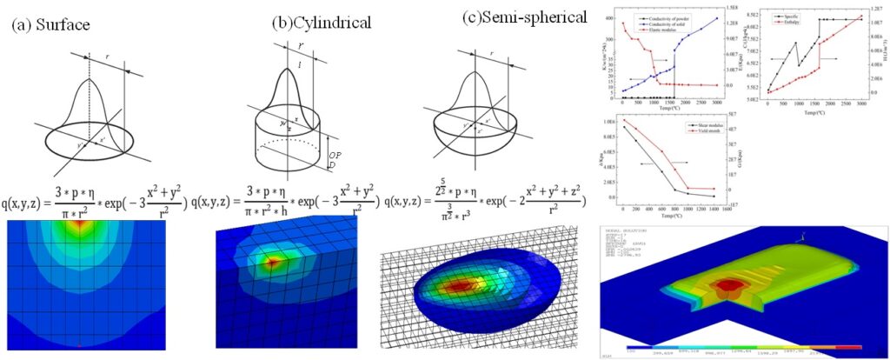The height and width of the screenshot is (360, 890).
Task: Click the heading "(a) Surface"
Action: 50,24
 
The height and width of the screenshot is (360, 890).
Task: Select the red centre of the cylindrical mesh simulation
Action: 272,262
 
